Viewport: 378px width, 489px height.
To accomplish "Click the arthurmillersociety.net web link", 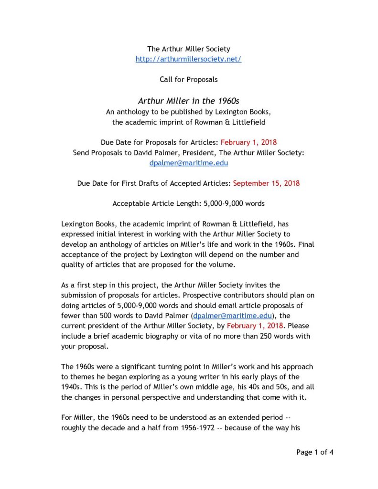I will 188,59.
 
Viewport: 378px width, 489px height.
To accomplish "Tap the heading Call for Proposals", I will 188,79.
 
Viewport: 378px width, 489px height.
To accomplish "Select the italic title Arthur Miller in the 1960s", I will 188,101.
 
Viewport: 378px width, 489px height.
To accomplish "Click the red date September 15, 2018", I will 266,183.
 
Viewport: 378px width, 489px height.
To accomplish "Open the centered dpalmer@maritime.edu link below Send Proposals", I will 188,163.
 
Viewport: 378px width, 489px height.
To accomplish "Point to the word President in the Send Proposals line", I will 206,153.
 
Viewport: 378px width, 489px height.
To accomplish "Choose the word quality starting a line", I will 73,265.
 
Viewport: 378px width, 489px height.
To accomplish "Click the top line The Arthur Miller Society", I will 188,49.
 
